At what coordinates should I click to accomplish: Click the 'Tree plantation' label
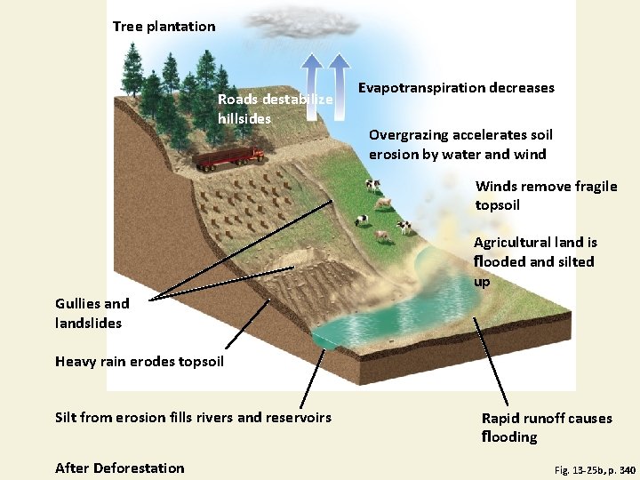[164, 27]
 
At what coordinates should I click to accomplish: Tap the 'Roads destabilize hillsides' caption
[275, 108]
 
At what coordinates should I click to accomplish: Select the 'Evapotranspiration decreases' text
[456, 87]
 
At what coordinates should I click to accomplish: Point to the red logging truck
[229, 157]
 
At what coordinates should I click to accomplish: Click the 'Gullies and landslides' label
[92, 314]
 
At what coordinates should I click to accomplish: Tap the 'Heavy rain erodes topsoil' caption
[140, 361]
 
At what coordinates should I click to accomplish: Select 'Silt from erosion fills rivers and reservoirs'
[193, 417]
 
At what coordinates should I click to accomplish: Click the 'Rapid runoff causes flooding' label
[546, 427]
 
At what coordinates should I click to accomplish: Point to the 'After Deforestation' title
[120, 468]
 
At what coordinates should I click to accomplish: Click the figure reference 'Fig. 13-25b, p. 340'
[595, 468]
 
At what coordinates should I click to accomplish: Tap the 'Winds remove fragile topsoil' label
[546, 196]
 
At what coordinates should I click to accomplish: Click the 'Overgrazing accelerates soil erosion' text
[460, 144]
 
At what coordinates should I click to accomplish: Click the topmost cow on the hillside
[373, 185]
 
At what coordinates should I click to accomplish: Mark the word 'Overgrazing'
[410, 135]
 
